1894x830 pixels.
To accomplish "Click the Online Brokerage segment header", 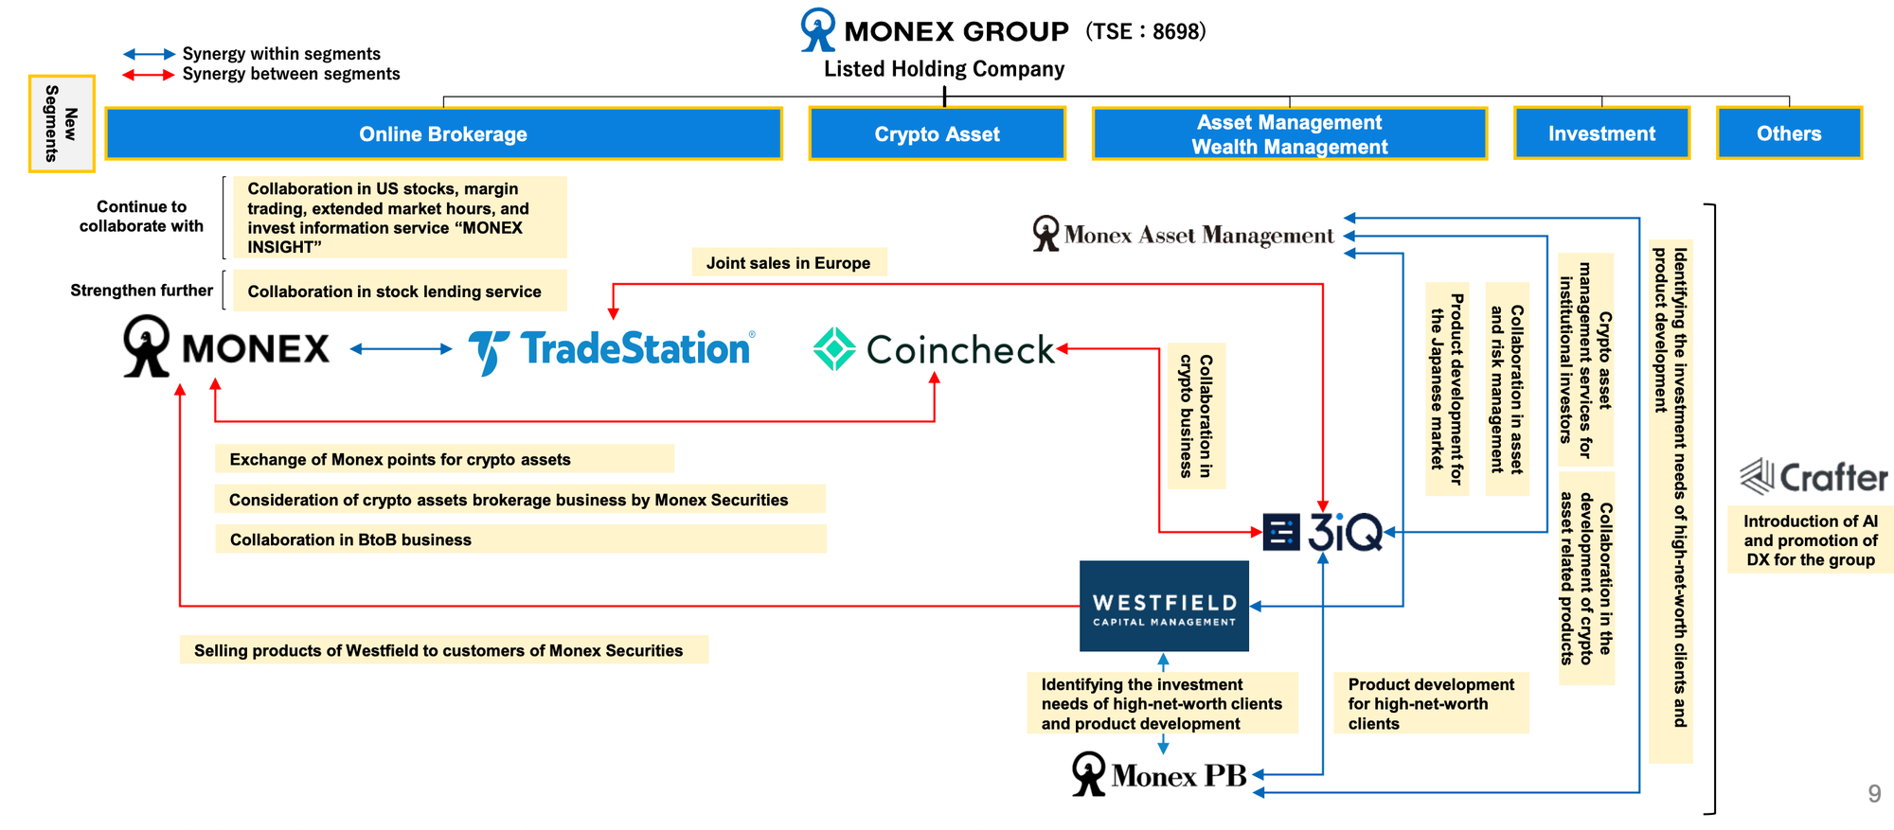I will pyautogui.click(x=443, y=133).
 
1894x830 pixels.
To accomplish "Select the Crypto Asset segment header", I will pyautogui.click(x=937, y=133).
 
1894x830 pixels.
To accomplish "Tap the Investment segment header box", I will pyautogui.click(x=1601, y=133).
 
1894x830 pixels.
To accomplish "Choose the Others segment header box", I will pyautogui.click(x=1789, y=133).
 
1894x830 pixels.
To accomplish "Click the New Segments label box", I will pyautogui.click(x=62, y=123).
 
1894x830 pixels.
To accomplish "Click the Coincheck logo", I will pyautogui.click(x=933, y=349).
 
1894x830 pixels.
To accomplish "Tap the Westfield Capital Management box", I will pyautogui.click(x=1164, y=606).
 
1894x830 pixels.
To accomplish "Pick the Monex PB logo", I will pyautogui.click(x=1159, y=774).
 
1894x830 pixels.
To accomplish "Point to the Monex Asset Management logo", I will pyautogui.click(x=1183, y=234).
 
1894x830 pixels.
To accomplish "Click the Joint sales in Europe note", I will pyautogui.click(x=788, y=262).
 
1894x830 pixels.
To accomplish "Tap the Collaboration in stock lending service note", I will pyautogui.click(x=395, y=291).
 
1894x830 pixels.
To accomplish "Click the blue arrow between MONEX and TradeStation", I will pyautogui.click(x=401, y=349).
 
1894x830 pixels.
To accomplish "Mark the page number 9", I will pyautogui.click(x=1874, y=794).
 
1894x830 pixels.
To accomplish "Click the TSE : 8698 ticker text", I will pyautogui.click(x=1146, y=31).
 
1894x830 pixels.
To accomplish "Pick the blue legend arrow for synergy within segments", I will pyautogui.click(x=149, y=54).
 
